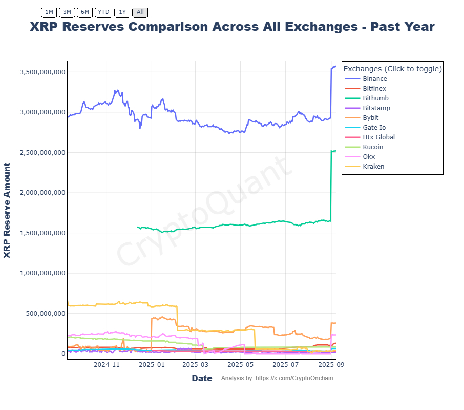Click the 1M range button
(49, 12)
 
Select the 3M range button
(67, 12)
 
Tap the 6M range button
(85, 12)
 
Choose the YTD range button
(103, 12)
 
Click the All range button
(140, 12)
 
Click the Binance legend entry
(374, 79)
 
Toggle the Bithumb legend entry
(375, 98)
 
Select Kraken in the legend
(373, 167)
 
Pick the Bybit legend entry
(370, 118)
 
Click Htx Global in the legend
(378, 137)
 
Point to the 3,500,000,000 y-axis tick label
(42, 72)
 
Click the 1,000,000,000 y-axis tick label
(42, 273)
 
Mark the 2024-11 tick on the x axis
(107, 365)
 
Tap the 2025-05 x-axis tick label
(240, 365)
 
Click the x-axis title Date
(202, 378)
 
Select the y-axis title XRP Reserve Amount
(7, 211)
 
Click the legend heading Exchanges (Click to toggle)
(392, 69)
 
